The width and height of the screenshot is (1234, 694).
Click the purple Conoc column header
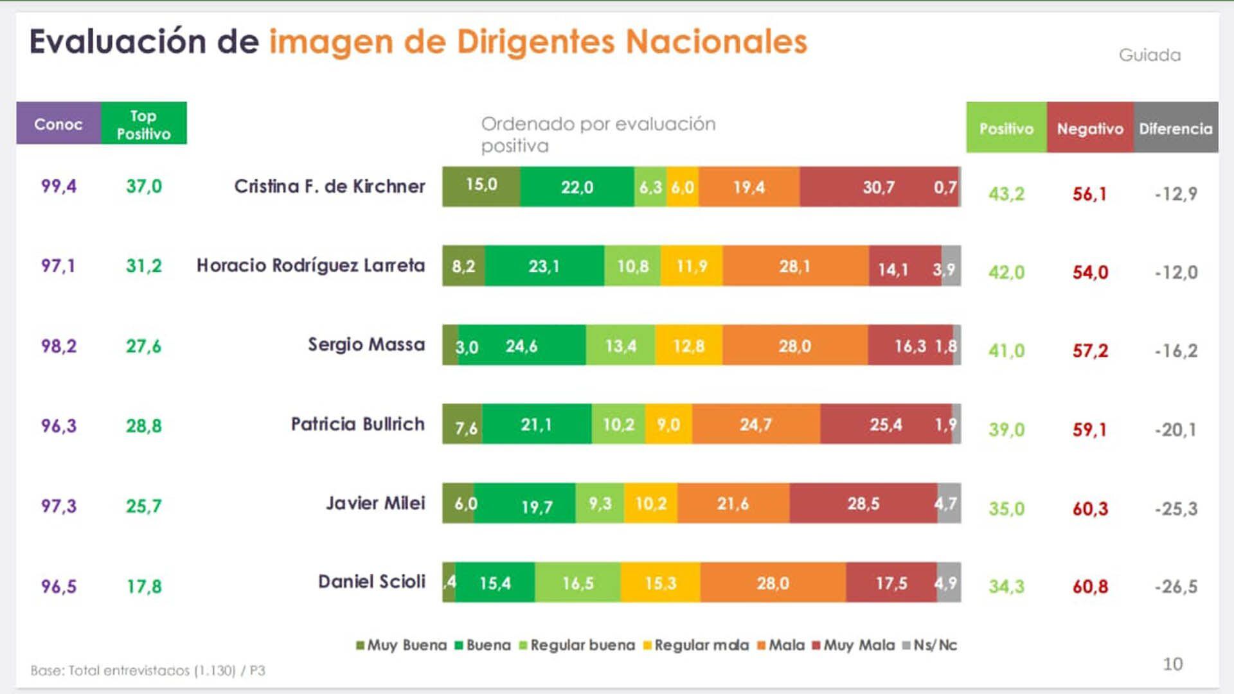tap(58, 123)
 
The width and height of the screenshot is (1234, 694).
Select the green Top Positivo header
tap(143, 123)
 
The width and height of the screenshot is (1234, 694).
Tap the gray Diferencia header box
tap(1176, 128)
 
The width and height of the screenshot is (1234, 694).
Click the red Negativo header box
tap(1090, 128)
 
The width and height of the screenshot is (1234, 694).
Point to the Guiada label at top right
tap(1150, 55)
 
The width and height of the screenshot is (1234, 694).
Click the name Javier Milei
tap(375, 503)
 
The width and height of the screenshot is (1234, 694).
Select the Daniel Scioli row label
tap(371, 582)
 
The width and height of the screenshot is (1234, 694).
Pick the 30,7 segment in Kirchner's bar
tap(878, 187)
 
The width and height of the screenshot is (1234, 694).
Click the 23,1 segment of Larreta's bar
tap(544, 266)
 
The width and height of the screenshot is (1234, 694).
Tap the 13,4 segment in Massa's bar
tap(620, 346)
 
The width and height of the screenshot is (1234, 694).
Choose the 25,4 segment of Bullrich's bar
tap(886, 425)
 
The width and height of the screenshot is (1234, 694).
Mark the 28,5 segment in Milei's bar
tap(863, 504)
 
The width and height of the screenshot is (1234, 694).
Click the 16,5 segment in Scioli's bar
tap(577, 583)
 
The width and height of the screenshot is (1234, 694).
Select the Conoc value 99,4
tap(58, 186)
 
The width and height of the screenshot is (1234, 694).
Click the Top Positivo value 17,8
tap(144, 586)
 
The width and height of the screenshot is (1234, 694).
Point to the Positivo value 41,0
tap(1006, 351)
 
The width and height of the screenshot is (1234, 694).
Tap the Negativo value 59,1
tap(1090, 429)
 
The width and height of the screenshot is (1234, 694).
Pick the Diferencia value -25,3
tap(1176, 509)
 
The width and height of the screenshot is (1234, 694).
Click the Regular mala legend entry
tap(697, 645)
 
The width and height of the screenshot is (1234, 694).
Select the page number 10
tap(1172, 664)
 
